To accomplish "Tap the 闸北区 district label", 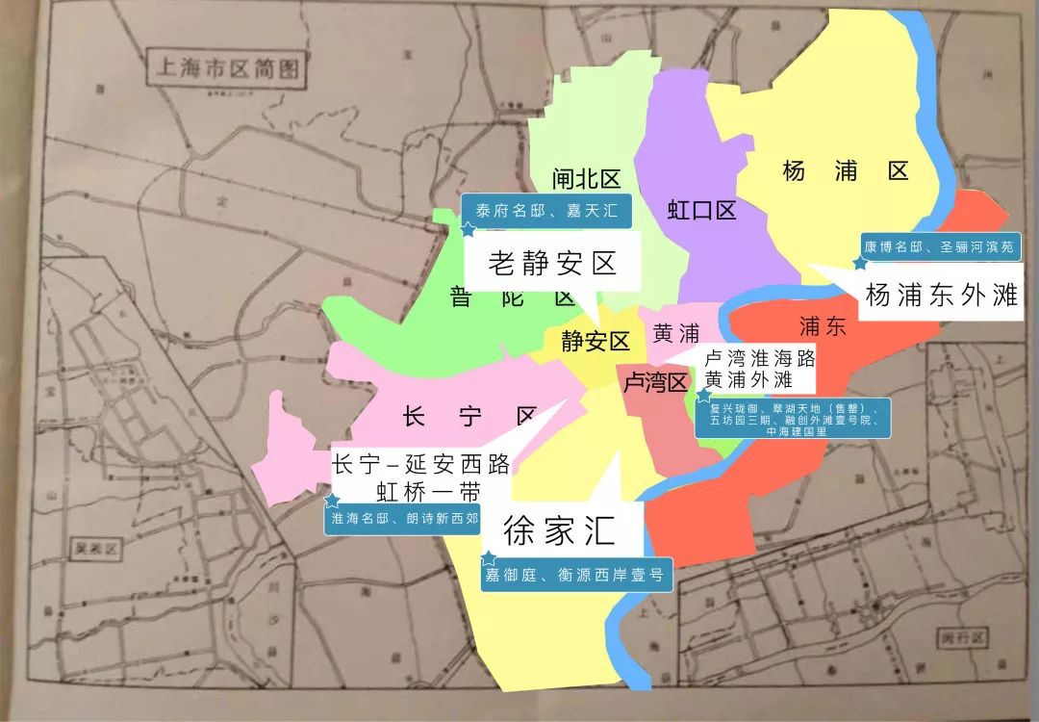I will tap(586, 179).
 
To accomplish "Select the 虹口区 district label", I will tap(702, 210).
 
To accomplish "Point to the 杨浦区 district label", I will tap(846, 171).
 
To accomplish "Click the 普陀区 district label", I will tap(512, 297).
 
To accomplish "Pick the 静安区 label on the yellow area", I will tap(596, 341).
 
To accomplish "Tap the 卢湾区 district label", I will tap(656, 383).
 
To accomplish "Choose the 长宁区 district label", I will tap(469, 417).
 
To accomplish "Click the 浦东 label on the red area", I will tap(823, 326).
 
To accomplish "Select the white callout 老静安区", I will tap(552, 263).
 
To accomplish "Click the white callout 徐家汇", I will tap(558, 529).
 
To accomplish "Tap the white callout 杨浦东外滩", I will tap(941, 295).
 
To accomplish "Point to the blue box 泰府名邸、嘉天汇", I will tap(545, 211).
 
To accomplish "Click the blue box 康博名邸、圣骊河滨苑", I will tap(938, 246).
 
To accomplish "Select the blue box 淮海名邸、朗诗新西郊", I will tap(404, 517).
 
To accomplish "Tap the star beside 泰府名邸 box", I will tap(468, 230).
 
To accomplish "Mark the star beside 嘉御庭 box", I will tap(489, 558).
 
